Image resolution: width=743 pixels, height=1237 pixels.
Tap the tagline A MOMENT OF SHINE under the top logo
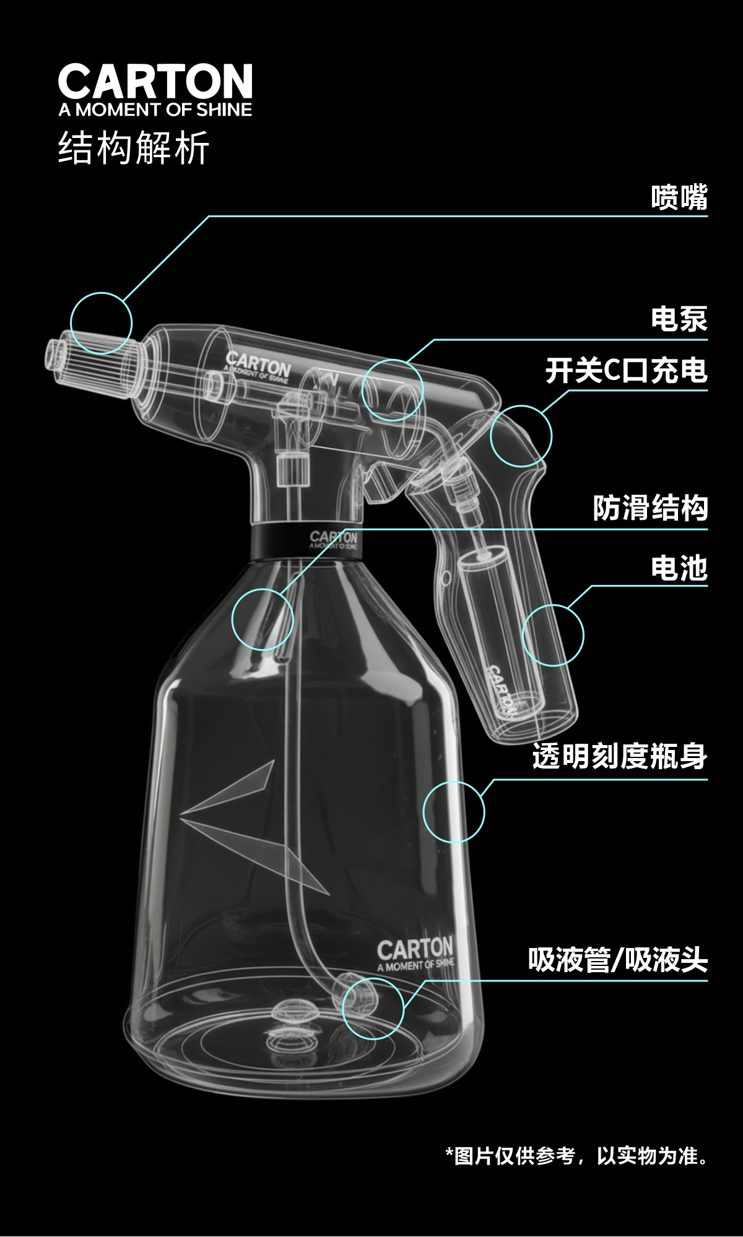155,110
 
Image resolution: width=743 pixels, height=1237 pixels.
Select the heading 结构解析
134,148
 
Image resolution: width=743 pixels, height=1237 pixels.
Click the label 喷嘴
679,198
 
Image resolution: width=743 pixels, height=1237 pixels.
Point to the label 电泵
679,320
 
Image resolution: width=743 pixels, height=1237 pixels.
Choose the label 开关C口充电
626,371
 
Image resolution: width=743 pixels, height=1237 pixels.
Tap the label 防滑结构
650,509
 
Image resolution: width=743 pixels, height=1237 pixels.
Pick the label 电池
679,568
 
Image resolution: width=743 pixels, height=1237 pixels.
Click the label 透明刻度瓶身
619,756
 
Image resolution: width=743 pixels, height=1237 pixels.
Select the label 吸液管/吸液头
617,960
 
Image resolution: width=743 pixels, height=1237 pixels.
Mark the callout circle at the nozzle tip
101,323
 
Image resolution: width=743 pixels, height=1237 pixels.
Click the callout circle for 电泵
393,390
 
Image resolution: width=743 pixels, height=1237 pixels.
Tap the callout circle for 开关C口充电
521,436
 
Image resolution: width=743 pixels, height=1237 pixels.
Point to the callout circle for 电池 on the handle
553,635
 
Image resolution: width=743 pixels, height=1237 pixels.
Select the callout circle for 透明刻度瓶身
454,812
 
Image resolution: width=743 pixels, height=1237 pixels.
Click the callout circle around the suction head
373,1008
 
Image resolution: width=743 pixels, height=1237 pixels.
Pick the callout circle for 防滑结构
263,619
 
